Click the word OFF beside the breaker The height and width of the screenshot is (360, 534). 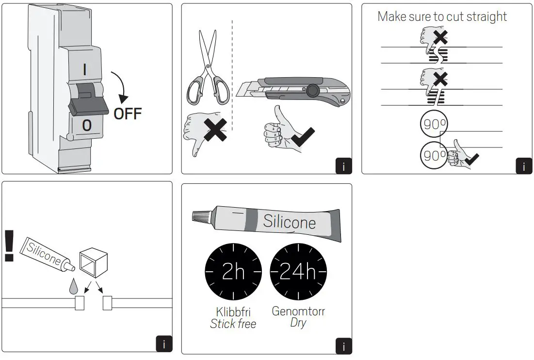coord(128,114)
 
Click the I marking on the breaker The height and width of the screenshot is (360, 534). coord(85,70)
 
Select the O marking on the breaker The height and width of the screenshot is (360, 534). coord(86,126)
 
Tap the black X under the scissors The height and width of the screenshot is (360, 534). coord(215,129)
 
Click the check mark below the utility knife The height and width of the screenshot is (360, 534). coord(302,137)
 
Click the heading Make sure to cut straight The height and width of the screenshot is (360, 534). coord(442,16)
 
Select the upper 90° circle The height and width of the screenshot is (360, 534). coord(434,125)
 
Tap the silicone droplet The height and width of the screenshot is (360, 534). coord(73,287)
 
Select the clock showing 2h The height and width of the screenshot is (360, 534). coord(233,272)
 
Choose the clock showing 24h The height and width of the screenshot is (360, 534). coord(298,272)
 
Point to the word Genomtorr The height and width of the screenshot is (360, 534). coord(298,311)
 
